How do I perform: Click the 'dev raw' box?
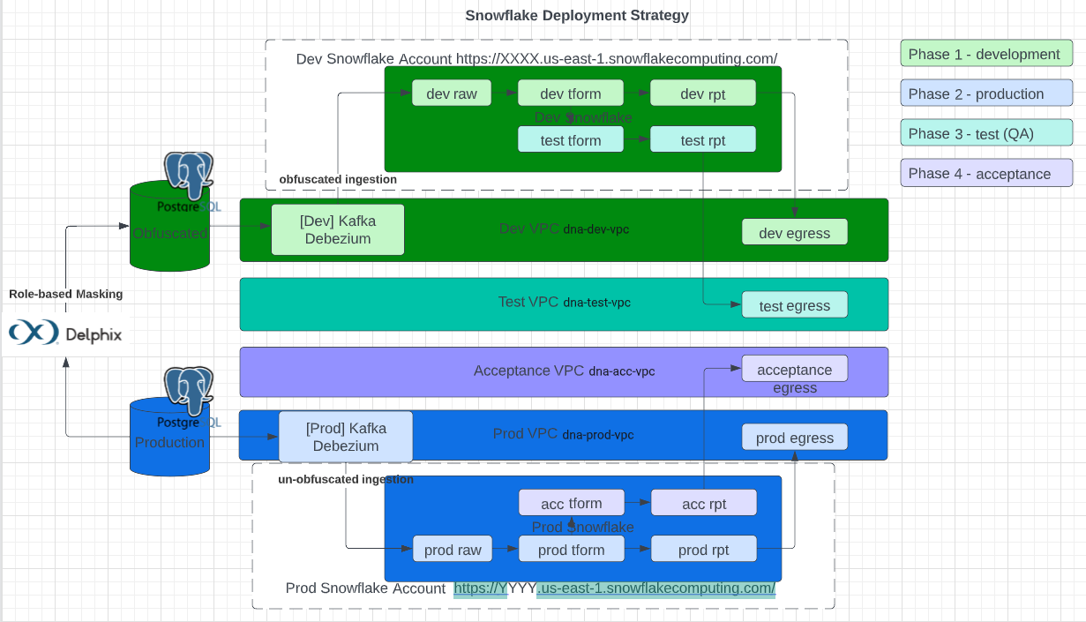point(451,94)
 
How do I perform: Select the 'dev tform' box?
point(570,94)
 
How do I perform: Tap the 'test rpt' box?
point(702,139)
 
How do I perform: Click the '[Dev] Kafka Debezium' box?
point(337,230)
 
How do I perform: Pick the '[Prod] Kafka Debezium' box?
point(345,437)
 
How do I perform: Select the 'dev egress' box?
point(794,232)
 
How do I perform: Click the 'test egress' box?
point(794,305)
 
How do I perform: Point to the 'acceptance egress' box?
point(794,369)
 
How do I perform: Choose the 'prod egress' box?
point(794,438)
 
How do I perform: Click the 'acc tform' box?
point(571,503)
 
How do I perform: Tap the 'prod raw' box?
point(452,550)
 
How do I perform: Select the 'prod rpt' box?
point(703,550)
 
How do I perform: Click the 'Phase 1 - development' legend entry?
point(985,54)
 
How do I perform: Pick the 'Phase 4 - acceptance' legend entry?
point(985,174)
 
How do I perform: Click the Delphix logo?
point(66,333)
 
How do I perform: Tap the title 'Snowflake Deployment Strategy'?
point(577,15)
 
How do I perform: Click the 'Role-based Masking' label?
point(66,294)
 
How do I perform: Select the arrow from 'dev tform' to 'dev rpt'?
point(636,94)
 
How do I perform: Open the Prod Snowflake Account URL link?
point(614,588)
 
